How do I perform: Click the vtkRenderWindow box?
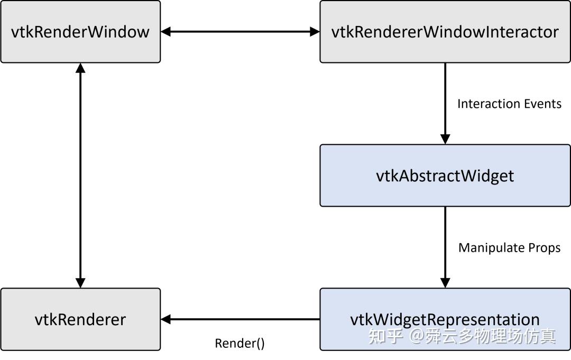tap(80, 32)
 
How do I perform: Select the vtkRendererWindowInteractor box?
tap(445, 32)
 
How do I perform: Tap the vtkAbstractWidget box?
tap(445, 176)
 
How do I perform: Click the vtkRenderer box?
tap(80, 319)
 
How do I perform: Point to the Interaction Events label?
tap(509, 104)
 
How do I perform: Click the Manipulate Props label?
tap(509, 247)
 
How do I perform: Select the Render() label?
tap(240, 343)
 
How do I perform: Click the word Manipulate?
tap(491, 247)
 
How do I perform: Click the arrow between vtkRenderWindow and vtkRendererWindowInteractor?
tap(240, 32)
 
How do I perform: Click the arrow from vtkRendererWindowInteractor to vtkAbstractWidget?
tap(445, 100)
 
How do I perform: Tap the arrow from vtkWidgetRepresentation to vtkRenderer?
tap(240, 319)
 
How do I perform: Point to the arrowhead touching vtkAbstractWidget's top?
tap(445, 139)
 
